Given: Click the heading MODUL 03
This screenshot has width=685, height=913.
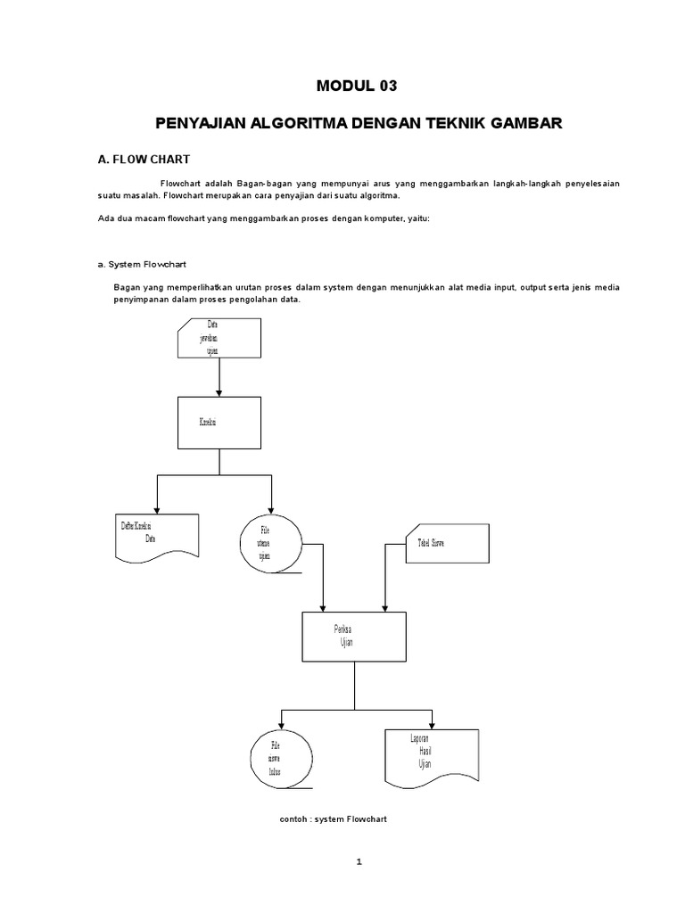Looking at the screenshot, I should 355,86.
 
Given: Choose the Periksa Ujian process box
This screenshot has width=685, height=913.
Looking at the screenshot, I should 354,638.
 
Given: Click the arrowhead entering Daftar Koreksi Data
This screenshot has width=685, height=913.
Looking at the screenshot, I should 157,508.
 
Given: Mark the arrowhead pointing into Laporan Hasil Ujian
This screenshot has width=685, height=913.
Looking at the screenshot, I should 432,723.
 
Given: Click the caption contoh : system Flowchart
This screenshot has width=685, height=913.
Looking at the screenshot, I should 334,818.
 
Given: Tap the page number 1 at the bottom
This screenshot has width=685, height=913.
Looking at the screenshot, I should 358,861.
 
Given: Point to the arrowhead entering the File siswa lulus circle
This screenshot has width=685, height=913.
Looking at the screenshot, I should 282,723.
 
